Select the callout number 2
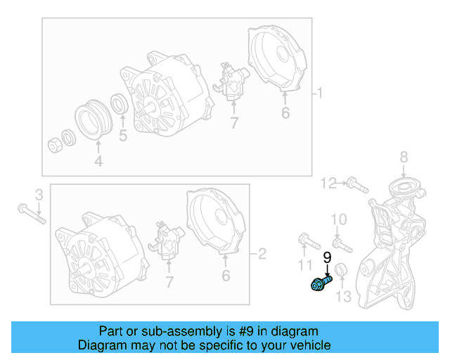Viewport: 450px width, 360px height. pos(262,252)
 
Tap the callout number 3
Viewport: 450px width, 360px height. pos(39,193)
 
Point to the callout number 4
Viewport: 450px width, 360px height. pos(98,162)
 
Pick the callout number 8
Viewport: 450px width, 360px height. pos(404,156)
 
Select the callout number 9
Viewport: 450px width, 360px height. pos(327,258)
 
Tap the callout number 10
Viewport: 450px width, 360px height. pos(339,220)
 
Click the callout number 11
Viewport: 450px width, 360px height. pos(303,264)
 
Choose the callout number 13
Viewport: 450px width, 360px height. pos(342,297)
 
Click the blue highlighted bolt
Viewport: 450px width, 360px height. pos(320,284)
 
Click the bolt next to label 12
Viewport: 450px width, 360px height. pos(356,186)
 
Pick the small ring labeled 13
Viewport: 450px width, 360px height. pos(341,271)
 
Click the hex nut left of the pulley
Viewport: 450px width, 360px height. pos(55,145)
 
